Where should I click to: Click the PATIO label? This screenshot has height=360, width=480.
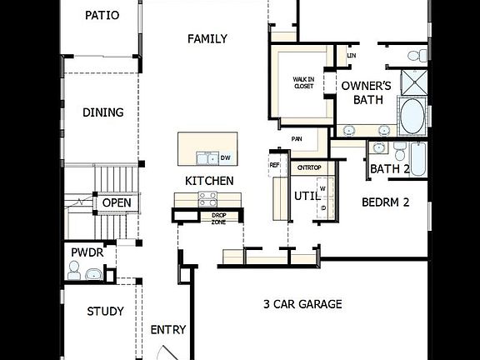pos(102,15)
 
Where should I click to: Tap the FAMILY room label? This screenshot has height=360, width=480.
pos(207,38)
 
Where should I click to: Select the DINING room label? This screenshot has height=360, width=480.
pos(102,112)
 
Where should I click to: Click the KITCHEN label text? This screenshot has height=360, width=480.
pos(209,180)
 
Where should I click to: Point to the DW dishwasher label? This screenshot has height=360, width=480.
pos(225,157)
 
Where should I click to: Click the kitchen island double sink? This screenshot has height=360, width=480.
pos(205,157)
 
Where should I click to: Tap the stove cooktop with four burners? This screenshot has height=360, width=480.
pos(207,198)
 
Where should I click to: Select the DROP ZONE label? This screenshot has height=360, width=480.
pos(218,217)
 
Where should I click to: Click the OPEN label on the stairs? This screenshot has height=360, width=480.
pos(117,202)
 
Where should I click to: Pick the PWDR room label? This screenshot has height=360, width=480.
pos(87,250)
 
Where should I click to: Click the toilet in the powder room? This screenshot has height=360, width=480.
pos(74,270)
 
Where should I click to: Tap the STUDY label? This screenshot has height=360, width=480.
pos(106,312)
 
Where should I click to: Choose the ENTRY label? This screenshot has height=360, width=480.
pos(167,330)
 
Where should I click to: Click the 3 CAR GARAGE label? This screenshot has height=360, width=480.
pos(302,304)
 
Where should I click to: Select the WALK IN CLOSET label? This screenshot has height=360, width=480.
pos(303,83)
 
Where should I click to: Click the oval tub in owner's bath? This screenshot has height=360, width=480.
pos(411,117)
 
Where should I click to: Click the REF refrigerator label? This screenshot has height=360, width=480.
pos(274,165)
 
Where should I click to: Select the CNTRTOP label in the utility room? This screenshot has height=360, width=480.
pos(309,168)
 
